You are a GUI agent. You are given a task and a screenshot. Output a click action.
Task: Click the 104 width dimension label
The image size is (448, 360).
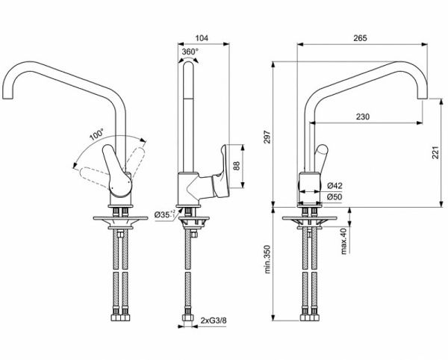[x=202, y=36]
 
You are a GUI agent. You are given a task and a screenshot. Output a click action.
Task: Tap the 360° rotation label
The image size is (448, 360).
[x=190, y=52]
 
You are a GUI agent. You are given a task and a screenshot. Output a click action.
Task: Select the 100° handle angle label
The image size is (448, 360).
[x=96, y=135]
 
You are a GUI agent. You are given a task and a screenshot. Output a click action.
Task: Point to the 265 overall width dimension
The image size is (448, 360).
[x=361, y=36]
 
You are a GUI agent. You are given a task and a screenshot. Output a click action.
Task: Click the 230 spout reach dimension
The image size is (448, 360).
[x=361, y=117]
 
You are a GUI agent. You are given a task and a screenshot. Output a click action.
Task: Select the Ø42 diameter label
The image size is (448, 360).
[x=335, y=185]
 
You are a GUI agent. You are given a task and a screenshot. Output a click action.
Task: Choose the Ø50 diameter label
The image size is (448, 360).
[x=335, y=196]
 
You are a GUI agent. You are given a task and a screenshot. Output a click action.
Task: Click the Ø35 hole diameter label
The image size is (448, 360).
[x=166, y=215]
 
